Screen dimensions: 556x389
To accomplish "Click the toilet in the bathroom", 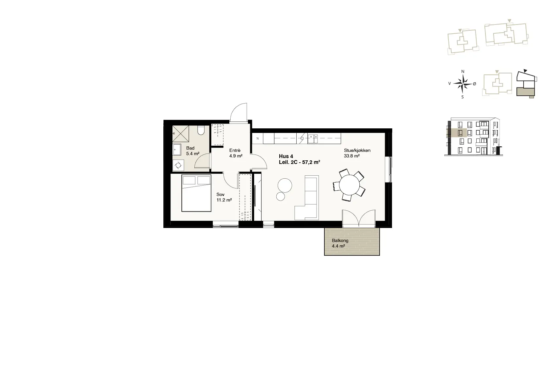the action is [x=201, y=130].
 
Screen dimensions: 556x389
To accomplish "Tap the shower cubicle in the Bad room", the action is [x=181, y=134].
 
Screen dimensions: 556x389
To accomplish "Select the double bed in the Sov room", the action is [x=196, y=193].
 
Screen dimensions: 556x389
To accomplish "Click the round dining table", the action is [x=349, y=185].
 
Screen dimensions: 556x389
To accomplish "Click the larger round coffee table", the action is [x=285, y=186].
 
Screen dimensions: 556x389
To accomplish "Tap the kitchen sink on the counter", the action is [x=313, y=139].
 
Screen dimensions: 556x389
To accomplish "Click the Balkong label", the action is [x=340, y=240].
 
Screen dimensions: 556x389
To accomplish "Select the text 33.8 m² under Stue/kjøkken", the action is [x=352, y=156].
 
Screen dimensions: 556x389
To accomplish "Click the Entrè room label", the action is [x=235, y=151].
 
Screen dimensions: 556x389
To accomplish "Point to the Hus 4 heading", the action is [x=286, y=156].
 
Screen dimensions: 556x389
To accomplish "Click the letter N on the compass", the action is [x=463, y=72].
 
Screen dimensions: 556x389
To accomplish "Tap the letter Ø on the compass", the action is [x=475, y=84].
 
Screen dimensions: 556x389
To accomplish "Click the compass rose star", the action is [x=463, y=84].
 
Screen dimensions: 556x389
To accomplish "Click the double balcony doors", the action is [x=359, y=219].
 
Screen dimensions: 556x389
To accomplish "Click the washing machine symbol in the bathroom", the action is [x=178, y=165].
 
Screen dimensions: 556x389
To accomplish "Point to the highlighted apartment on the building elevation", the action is [x=457, y=133].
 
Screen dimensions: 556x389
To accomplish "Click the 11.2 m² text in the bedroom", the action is [x=224, y=200].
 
